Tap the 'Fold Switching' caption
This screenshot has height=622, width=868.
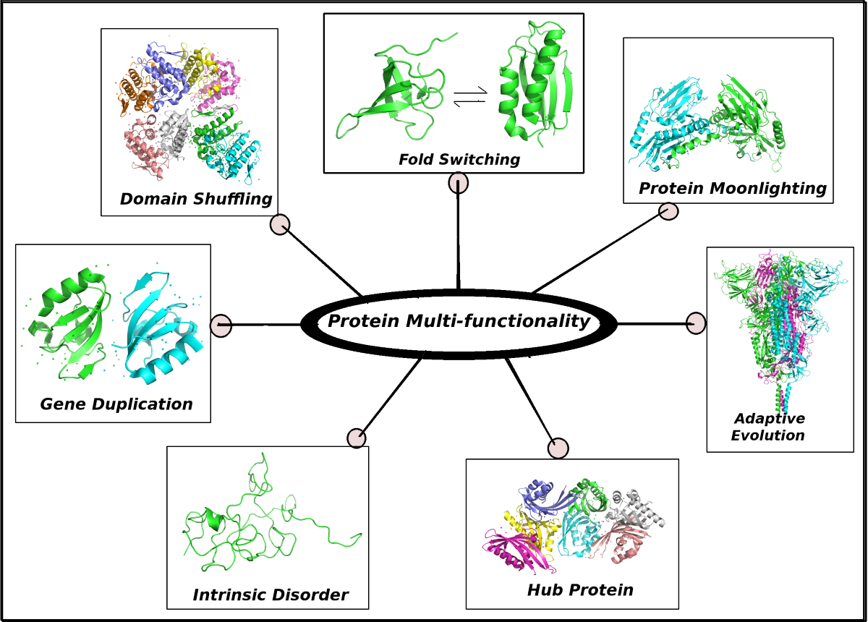point(459,159)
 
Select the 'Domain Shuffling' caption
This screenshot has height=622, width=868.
point(196,198)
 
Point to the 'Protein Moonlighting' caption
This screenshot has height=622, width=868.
point(732,189)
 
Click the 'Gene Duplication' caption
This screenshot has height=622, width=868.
point(116,404)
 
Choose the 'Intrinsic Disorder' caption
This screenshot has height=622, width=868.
point(271,595)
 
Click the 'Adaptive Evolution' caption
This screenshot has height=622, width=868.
point(768,427)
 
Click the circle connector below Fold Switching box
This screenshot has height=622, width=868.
point(458,184)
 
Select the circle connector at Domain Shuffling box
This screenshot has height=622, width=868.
point(280,225)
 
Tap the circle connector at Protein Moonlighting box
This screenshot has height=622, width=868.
point(668,211)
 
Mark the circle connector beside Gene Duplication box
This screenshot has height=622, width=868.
point(221,325)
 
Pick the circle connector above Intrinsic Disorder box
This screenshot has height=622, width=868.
point(356,438)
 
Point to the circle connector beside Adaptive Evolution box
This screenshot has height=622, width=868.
point(695,323)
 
